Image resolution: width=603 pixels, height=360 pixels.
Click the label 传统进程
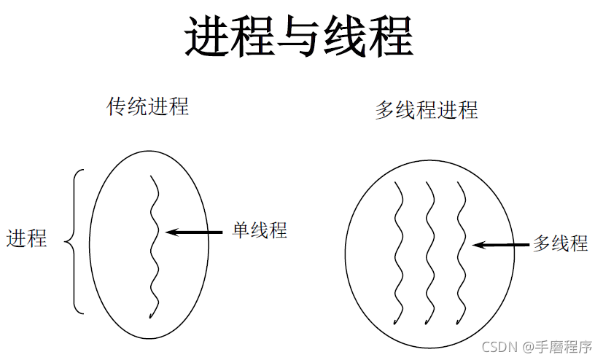pyautogui.click(x=148, y=106)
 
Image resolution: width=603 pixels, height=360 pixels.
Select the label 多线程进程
pyautogui.click(x=427, y=110)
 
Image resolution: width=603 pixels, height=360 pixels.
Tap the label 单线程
pyautogui.click(x=260, y=230)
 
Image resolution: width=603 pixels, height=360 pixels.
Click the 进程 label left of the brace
pyautogui.click(x=27, y=238)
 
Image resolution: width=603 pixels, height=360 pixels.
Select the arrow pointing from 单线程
pyautogui.click(x=195, y=232)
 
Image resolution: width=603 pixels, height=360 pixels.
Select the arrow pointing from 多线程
pyautogui.click(x=501, y=245)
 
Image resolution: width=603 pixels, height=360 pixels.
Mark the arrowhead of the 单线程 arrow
pyautogui.click(x=171, y=232)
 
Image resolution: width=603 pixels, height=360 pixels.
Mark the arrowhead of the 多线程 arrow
pyautogui.click(x=477, y=245)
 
